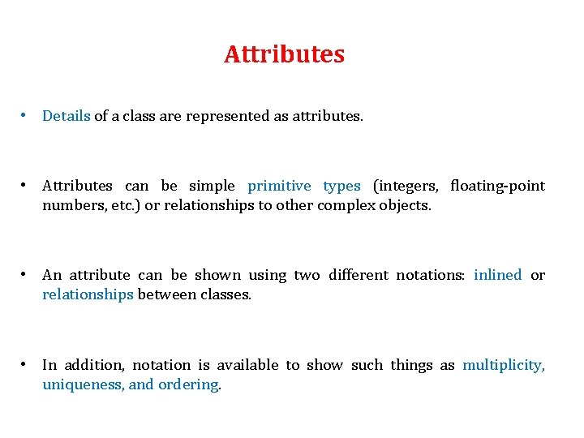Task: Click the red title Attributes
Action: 284,54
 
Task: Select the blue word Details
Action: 67,116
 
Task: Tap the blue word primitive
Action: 279,186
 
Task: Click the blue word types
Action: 341,186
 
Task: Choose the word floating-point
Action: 497,186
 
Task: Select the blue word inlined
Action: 497,275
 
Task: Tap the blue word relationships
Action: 88,294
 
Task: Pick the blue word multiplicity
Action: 503,365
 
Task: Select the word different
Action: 358,275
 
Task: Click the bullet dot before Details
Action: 27,114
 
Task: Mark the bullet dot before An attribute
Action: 27,273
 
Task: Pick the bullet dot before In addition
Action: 27,363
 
